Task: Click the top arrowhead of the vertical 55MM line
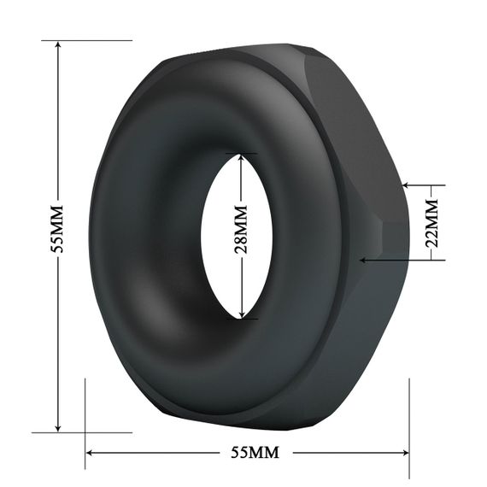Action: tap(57, 45)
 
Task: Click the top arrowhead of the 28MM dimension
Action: tap(243, 160)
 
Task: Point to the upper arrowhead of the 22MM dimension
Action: tap(405, 185)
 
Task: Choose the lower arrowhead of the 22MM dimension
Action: tap(364, 258)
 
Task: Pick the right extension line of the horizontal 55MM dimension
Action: tap(410, 419)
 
